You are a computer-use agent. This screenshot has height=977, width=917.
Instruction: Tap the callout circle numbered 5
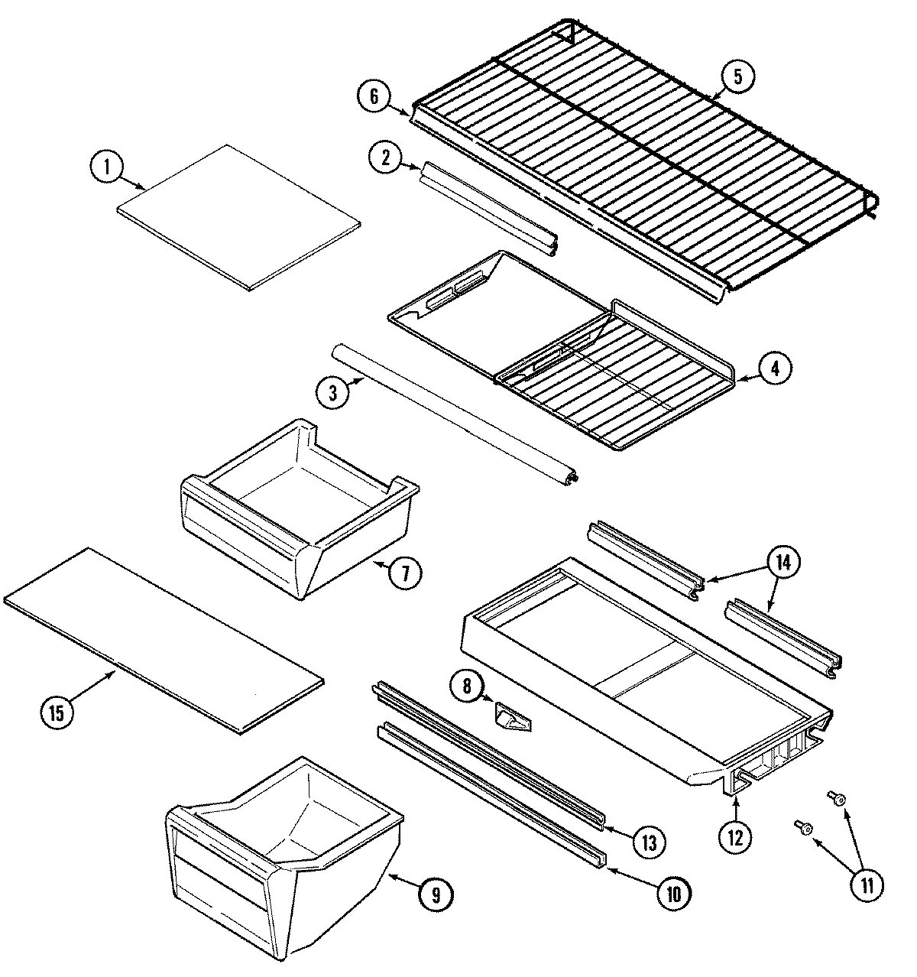(737, 76)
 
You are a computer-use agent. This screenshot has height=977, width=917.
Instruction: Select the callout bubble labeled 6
(374, 96)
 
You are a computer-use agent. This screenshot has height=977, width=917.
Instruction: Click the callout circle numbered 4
(774, 368)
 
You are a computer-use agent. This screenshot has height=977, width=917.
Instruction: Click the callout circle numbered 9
(434, 894)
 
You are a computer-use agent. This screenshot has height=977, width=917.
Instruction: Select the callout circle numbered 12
(734, 837)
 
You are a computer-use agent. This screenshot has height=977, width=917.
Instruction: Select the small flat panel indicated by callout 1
(238, 218)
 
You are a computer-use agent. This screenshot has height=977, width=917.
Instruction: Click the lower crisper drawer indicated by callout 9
(283, 856)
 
